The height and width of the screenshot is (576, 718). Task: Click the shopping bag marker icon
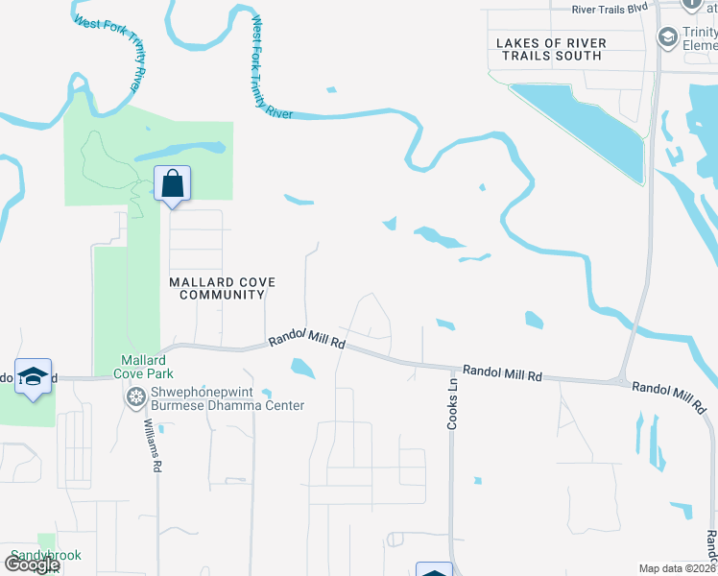(x=172, y=182)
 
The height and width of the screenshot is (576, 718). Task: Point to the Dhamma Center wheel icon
(x=135, y=396)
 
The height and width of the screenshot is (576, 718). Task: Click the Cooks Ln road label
(x=452, y=404)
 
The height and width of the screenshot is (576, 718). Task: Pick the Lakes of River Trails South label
(x=550, y=49)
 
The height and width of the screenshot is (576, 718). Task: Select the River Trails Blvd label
(x=610, y=9)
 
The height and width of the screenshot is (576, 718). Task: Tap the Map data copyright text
(x=678, y=568)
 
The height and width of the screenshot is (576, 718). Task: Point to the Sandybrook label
(x=46, y=556)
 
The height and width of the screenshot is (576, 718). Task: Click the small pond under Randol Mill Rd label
(x=301, y=367)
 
